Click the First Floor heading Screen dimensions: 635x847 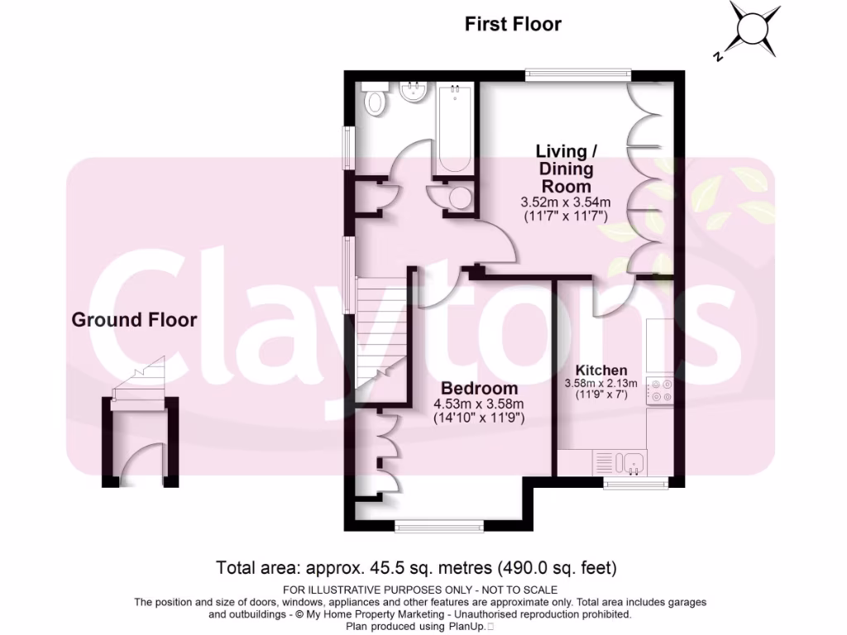point(513,24)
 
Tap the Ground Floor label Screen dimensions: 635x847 point(134,319)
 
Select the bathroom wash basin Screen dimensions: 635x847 point(411,93)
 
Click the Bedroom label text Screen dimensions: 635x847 point(480,388)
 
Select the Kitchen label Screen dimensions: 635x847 point(601,370)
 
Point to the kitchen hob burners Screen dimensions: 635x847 point(660,390)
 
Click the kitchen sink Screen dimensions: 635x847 point(634,462)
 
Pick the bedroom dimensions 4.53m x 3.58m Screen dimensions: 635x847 point(480,403)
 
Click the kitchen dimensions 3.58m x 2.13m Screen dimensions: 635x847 point(601,383)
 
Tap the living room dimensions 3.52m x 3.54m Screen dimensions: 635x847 point(566,202)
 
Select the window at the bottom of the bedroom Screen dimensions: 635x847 point(438,525)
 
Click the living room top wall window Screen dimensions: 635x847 point(578,75)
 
